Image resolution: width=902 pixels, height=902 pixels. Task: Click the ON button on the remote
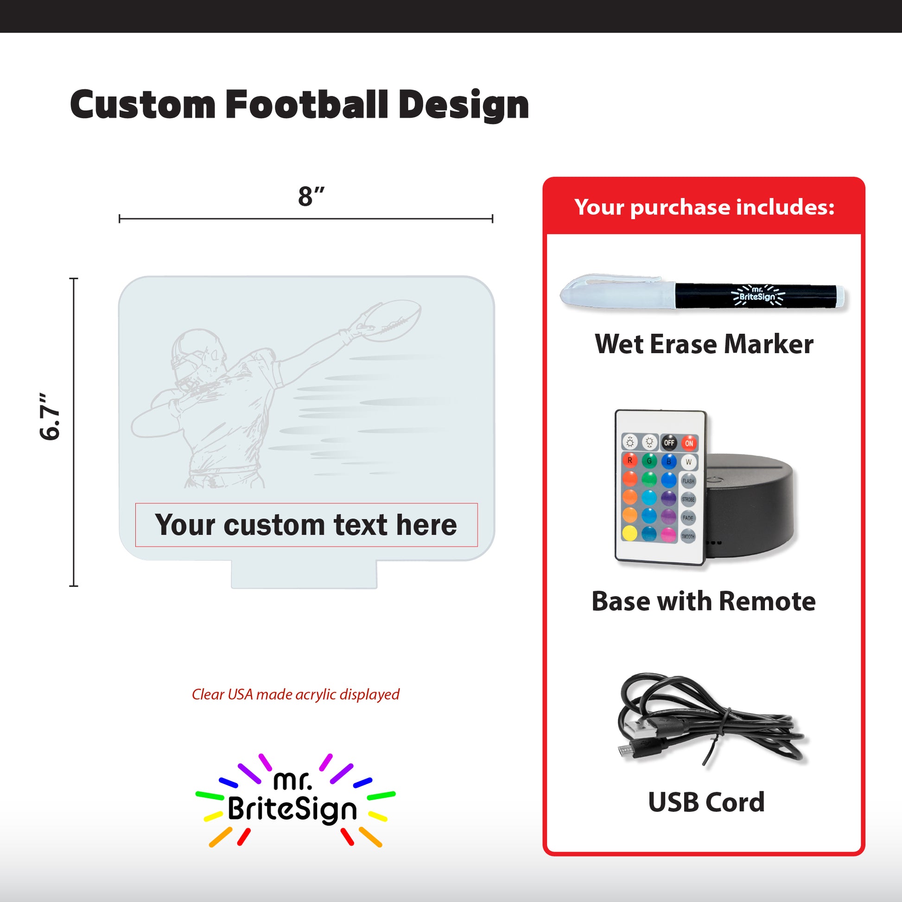pyautogui.click(x=689, y=443)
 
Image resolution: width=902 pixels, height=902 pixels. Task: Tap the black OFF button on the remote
pyautogui.click(x=669, y=443)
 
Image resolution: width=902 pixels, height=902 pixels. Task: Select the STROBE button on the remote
pyautogui.click(x=688, y=499)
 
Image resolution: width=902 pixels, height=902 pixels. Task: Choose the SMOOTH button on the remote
pyautogui.click(x=688, y=536)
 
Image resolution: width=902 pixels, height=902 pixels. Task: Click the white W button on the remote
pyautogui.click(x=689, y=462)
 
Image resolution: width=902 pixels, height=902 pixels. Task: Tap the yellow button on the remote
pyautogui.click(x=629, y=533)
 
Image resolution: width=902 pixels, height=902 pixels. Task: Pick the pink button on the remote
pyautogui.click(x=668, y=534)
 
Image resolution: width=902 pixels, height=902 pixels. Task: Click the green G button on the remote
pyautogui.click(x=649, y=461)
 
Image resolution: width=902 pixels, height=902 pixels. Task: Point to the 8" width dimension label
pyautogui.click(x=311, y=196)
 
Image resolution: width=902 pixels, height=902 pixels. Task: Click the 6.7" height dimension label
pyautogui.click(x=50, y=416)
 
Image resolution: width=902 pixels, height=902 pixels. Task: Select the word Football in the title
pyautogui.click(x=307, y=104)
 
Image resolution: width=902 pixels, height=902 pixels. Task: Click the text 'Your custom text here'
pyautogui.click(x=306, y=525)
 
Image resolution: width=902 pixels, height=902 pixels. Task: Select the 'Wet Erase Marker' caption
pyautogui.click(x=704, y=344)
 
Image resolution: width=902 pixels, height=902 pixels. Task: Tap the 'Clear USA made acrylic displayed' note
pyautogui.click(x=296, y=695)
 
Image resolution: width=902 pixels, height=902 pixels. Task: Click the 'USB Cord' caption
pyautogui.click(x=706, y=802)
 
